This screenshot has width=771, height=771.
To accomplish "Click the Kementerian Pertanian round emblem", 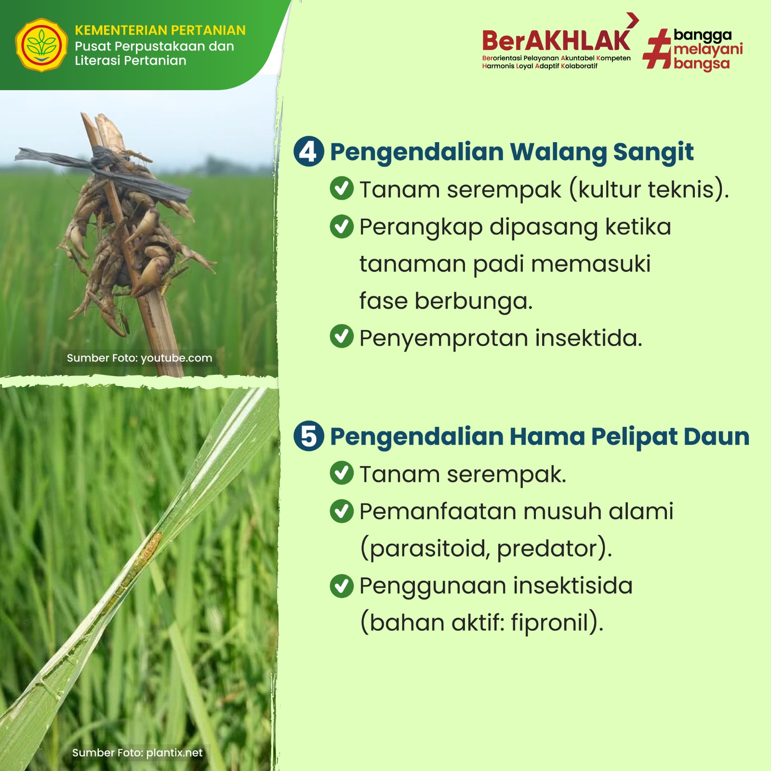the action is pyautogui.click(x=41, y=45).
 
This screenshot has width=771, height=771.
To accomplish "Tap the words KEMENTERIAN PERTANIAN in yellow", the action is pyautogui.click(x=160, y=30).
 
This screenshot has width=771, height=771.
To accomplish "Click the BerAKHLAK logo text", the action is pyautogui.click(x=556, y=40).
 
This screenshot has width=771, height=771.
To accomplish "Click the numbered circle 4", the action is pyautogui.click(x=308, y=152).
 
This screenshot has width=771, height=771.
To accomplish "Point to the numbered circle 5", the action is pyautogui.click(x=308, y=436).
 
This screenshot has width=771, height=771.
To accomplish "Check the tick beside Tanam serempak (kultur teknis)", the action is pyautogui.click(x=342, y=188).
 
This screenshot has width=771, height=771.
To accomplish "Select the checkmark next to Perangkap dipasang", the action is pyautogui.click(x=342, y=226).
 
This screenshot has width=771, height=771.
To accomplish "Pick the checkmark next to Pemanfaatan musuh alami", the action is pyautogui.click(x=342, y=510).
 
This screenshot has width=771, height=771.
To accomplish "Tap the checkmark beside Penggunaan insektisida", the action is pyautogui.click(x=342, y=585).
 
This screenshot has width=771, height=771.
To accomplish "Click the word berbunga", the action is pyautogui.click(x=473, y=301).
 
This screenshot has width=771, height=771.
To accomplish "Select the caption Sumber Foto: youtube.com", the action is pyautogui.click(x=139, y=358).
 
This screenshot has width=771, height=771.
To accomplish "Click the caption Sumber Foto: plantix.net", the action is pyautogui.click(x=137, y=753).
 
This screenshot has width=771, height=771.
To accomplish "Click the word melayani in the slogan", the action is pyautogui.click(x=708, y=50).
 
